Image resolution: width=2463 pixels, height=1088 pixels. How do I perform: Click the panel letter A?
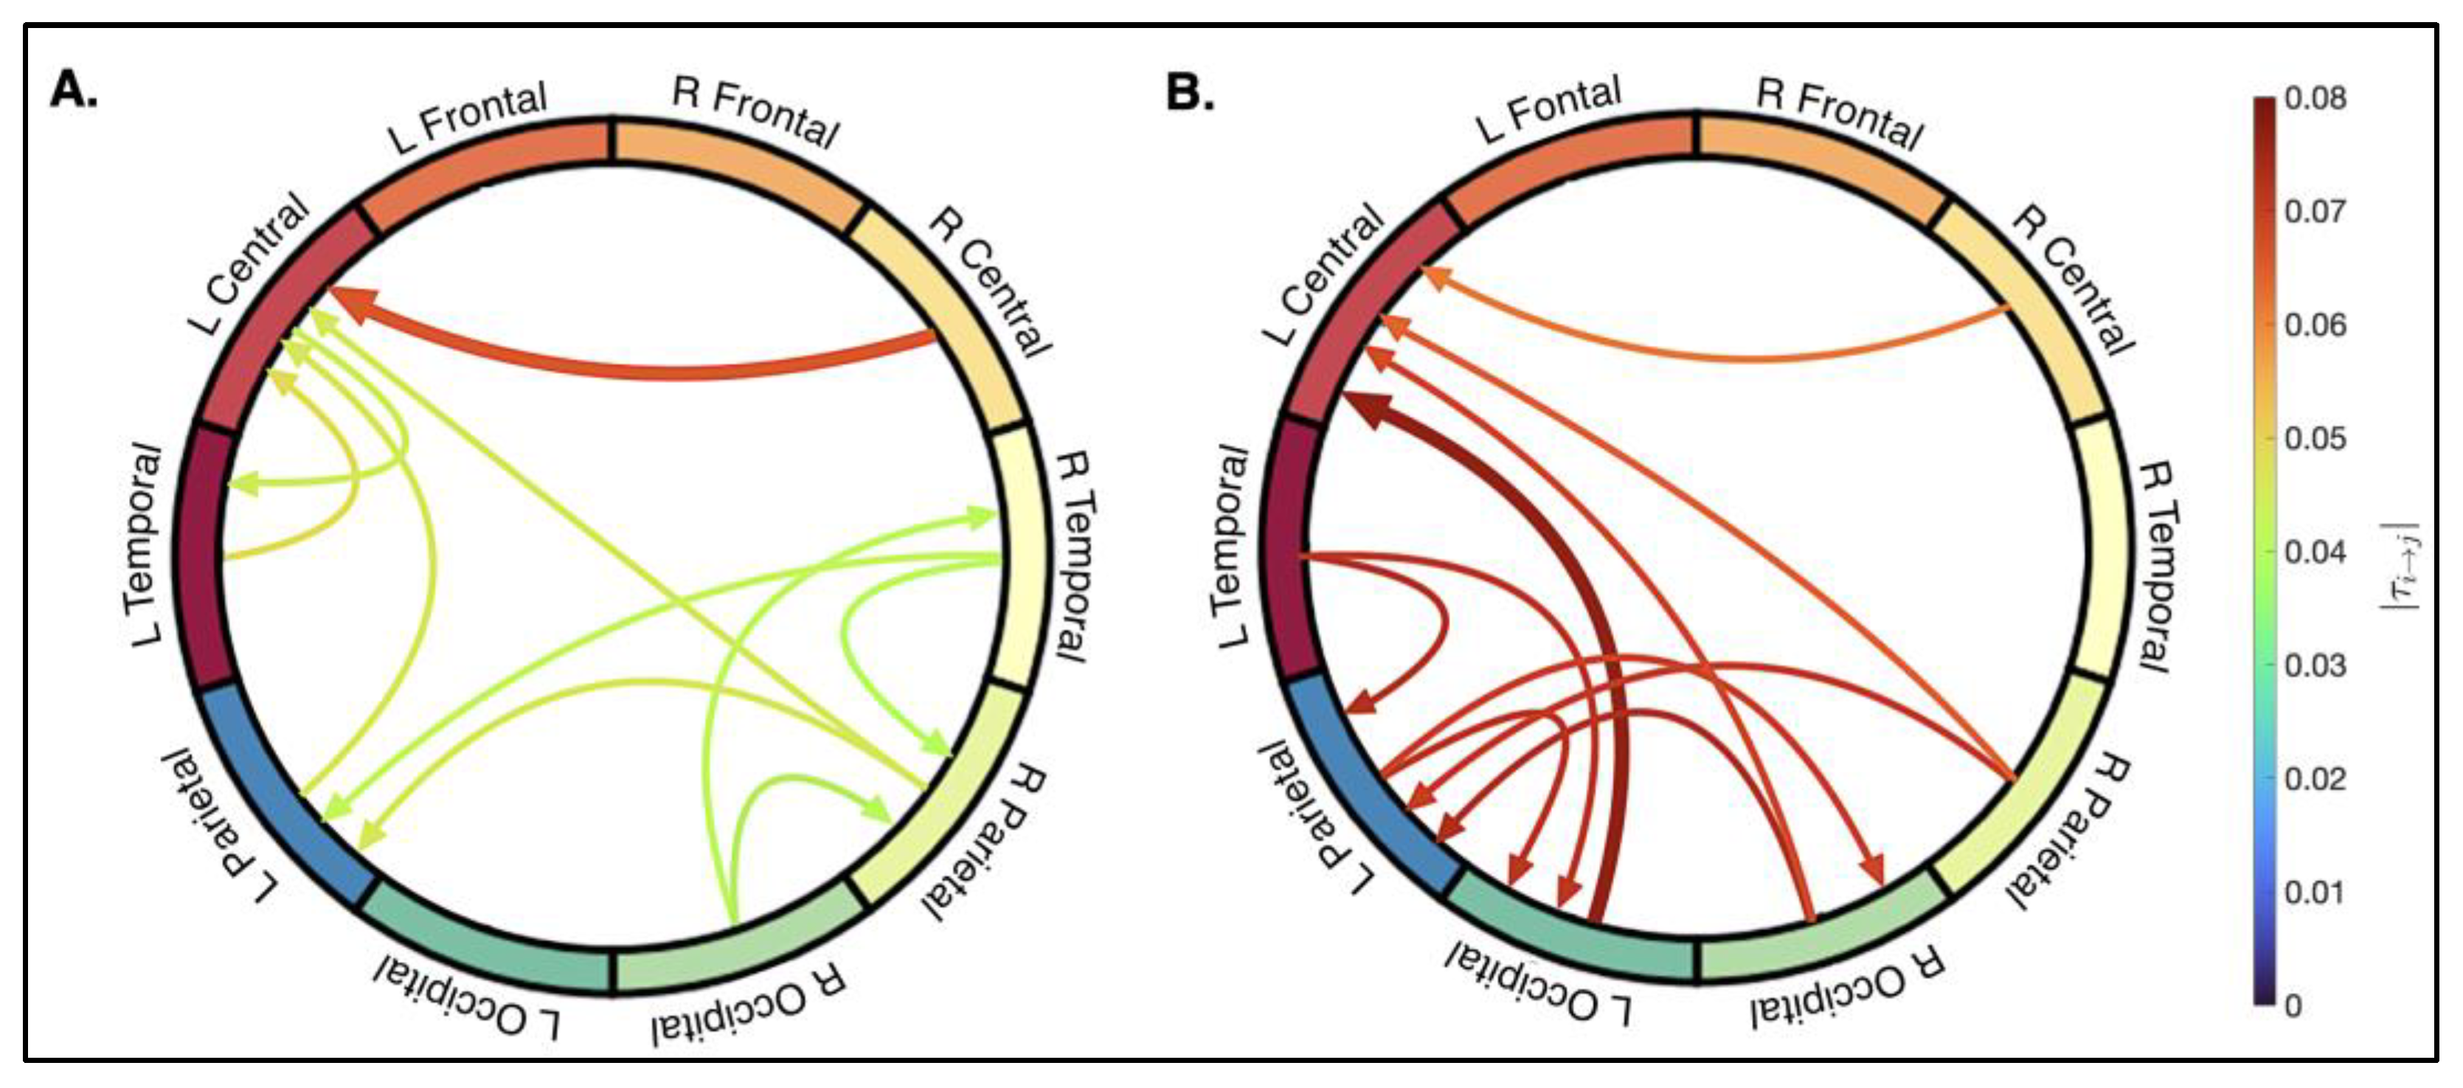[x=73, y=91]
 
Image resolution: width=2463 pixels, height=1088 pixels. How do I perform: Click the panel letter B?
[x=1189, y=93]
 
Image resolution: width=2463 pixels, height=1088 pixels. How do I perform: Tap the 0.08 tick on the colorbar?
[x=2315, y=99]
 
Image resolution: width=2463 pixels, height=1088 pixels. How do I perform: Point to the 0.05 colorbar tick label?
[x=2315, y=439]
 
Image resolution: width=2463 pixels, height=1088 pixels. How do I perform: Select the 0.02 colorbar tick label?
[x=2315, y=779]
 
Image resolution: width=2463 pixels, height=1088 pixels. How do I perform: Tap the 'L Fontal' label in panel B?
[x=1549, y=110]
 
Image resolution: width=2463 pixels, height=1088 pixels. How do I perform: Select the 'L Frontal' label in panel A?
[x=468, y=117]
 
